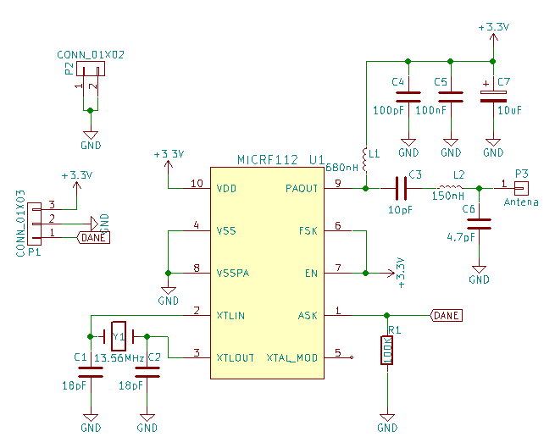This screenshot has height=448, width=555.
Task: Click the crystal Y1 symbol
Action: pyautogui.click(x=119, y=336)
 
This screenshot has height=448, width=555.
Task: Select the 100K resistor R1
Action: pyautogui.click(x=387, y=351)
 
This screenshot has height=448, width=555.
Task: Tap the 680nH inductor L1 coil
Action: pyautogui.click(x=365, y=160)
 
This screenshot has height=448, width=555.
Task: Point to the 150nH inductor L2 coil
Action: pyautogui.click(x=450, y=187)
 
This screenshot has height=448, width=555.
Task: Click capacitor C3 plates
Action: pyautogui.click(x=401, y=188)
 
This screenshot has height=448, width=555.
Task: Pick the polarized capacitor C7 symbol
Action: pyautogui.click(x=493, y=97)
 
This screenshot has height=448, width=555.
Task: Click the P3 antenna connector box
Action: pyautogui.click(x=521, y=188)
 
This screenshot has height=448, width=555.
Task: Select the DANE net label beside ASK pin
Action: pyautogui.click(x=447, y=315)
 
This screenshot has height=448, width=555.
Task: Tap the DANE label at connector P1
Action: pyautogui.click(x=93, y=237)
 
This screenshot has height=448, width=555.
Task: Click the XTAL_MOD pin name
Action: pyautogui.click(x=292, y=357)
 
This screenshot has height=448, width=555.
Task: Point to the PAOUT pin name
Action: pyautogui.click(x=302, y=189)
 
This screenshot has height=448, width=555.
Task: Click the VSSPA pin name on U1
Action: pyautogui.click(x=233, y=274)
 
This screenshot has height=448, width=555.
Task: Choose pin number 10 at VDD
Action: pyautogui.click(x=197, y=183)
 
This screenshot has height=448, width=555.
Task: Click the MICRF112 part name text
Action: pyautogui.click(x=268, y=160)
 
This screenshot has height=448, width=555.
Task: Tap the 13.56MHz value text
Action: pyautogui.click(x=119, y=358)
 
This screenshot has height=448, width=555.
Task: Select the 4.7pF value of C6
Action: pyautogui.click(x=461, y=237)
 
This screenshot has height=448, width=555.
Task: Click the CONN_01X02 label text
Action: pyautogui.click(x=91, y=55)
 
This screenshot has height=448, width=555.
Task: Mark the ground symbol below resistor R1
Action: pyautogui.click(x=387, y=418)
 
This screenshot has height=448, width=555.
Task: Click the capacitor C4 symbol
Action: pyautogui.click(x=408, y=97)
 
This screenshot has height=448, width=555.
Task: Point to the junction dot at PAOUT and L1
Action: pyautogui.click(x=366, y=188)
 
